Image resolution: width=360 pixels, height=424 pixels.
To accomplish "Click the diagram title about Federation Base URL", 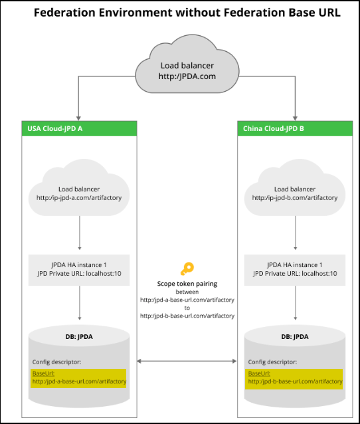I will [187, 13].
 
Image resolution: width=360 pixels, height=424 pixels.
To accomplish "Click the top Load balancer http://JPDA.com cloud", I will [187, 70].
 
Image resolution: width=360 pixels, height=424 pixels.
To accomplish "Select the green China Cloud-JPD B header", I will [295, 128].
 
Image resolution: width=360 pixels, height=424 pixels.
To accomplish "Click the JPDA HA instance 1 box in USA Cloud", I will [79, 269].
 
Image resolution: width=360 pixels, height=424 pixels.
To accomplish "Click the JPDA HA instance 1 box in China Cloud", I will [295, 269].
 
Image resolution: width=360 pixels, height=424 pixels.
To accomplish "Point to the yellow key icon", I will [187, 269].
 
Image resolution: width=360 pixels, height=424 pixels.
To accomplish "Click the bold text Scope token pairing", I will [187, 284].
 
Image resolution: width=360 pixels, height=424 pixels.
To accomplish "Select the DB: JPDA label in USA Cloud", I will [79, 336].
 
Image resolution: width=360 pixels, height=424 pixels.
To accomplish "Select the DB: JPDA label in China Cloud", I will [295, 336].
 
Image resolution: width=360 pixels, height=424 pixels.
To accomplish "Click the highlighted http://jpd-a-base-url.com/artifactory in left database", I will [79, 381].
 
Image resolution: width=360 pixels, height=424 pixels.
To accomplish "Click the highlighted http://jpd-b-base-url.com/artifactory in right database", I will [295, 381].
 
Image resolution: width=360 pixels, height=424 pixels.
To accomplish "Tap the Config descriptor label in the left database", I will [56, 362].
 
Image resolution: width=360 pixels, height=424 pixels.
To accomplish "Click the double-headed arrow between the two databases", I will [187, 362].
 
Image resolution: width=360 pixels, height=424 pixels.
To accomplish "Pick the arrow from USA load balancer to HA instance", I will [79, 233].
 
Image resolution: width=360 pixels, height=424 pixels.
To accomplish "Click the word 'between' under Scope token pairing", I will [187, 292].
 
